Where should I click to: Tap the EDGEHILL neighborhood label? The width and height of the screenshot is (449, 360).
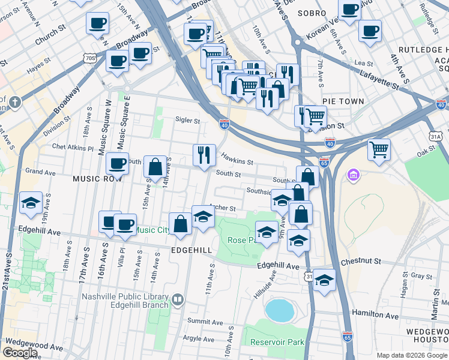(x=191, y=250)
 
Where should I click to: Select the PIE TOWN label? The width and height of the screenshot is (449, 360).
(x=343, y=101)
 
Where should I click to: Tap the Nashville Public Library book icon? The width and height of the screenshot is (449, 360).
(x=177, y=299)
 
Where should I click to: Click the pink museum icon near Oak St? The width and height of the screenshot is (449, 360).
(x=353, y=175)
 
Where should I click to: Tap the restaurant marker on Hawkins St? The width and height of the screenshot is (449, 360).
(x=204, y=155)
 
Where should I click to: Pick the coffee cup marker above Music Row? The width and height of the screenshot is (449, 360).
(x=118, y=163)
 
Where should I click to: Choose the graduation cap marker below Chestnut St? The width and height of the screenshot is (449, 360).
(x=324, y=280)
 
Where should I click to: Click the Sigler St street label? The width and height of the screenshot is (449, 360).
(x=187, y=120)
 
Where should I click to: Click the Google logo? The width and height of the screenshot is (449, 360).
(x=20, y=352)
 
